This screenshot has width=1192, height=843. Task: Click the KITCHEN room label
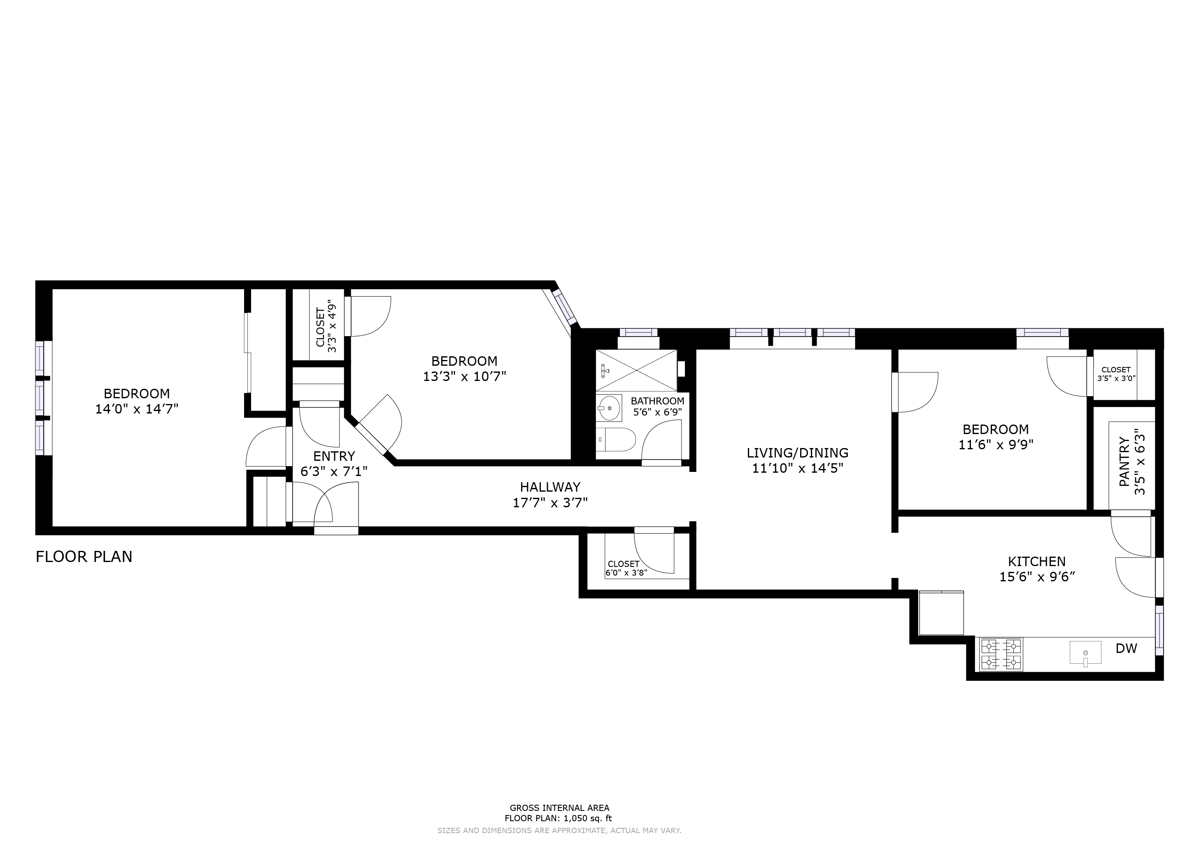tap(1036, 561)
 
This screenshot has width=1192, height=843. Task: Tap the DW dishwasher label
tap(1126, 648)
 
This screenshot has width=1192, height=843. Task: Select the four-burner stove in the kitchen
tap(1001, 654)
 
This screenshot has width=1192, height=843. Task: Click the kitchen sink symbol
tap(1085, 653)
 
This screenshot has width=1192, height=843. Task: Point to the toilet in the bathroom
tap(616, 440)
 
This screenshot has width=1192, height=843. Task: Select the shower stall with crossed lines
tap(636, 370)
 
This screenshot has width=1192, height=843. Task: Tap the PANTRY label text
tap(1124, 462)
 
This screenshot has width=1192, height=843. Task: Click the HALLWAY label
tap(550, 487)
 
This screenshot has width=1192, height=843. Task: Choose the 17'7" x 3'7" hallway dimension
tap(550, 502)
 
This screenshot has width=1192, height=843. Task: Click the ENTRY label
tap(334, 456)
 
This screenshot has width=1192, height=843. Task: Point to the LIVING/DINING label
tap(797, 453)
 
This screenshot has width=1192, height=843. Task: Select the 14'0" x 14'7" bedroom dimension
tap(137, 409)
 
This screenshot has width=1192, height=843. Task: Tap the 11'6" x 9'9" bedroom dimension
tap(996, 445)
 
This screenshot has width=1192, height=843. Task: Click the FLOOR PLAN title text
tap(84, 557)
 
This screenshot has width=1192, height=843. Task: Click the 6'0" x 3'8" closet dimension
tap(626, 573)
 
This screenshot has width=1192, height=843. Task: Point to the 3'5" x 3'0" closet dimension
tap(1116, 379)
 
